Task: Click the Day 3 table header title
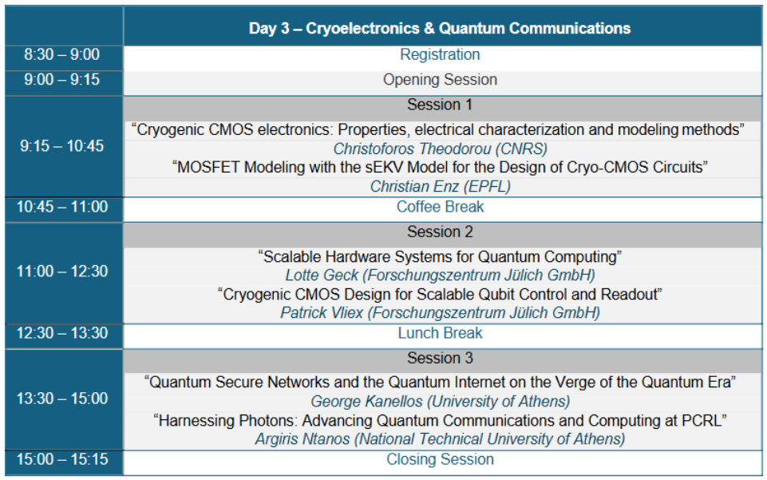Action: [440, 29]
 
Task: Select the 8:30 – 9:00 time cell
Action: [61, 54]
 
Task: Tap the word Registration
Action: [440, 54]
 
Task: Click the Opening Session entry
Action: [440, 79]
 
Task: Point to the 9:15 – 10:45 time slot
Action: [61, 146]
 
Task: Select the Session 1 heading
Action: [440, 105]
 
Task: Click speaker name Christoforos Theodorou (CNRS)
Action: [440, 149]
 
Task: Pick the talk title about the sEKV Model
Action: [440, 168]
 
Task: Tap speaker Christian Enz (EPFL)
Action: [440, 186]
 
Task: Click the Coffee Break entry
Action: [440, 207]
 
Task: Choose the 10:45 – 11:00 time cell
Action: [61, 207]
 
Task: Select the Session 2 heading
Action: [440, 232]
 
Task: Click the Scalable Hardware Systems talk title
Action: [440, 257]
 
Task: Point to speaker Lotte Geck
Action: [440, 276]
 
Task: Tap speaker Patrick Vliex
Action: [440, 313]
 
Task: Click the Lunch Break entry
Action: [440, 333]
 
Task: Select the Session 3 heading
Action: [440, 358]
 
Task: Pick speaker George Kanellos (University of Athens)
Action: [440, 402]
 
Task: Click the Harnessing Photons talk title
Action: [440, 421]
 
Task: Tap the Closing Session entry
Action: [440, 459]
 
